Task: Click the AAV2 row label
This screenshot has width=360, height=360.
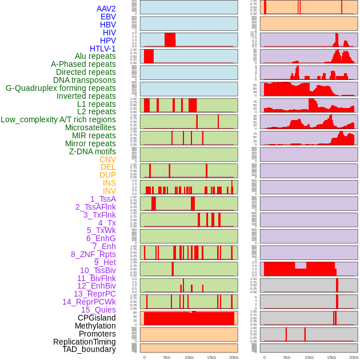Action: [x=106, y=9]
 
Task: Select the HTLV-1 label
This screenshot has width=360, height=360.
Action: [x=102, y=49]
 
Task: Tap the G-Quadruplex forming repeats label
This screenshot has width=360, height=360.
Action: [x=61, y=88]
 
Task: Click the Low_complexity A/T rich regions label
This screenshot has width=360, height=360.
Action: [x=58, y=119]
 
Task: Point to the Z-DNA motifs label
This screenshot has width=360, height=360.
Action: [x=93, y=151]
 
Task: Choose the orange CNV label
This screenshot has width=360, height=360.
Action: [x=107, y=159]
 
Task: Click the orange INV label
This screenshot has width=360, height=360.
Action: [x=109, y=191]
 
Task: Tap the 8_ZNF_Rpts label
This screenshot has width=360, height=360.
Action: [x=93, y=254]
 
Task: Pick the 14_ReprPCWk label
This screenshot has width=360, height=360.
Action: [x=89, y=302]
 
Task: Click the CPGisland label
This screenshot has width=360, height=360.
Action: [x=97, y=318]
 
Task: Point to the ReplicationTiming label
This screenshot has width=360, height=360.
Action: [x=85, y=342]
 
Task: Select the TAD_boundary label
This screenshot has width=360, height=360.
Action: [x=89, y=349]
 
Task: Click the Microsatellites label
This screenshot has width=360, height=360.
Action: [x=90, y=127]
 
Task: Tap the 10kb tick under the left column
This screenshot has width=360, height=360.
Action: [x=189, y=357]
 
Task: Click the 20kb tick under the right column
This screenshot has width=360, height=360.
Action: [x=354, y=357]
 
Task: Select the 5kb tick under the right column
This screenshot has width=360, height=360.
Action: [x=286, y=357]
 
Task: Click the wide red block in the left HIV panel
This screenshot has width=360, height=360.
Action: [x=170, y=39]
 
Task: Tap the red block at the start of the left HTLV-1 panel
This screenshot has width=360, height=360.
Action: [x=149, y=56]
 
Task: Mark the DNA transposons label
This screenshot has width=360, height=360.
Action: [x=85, y=80]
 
